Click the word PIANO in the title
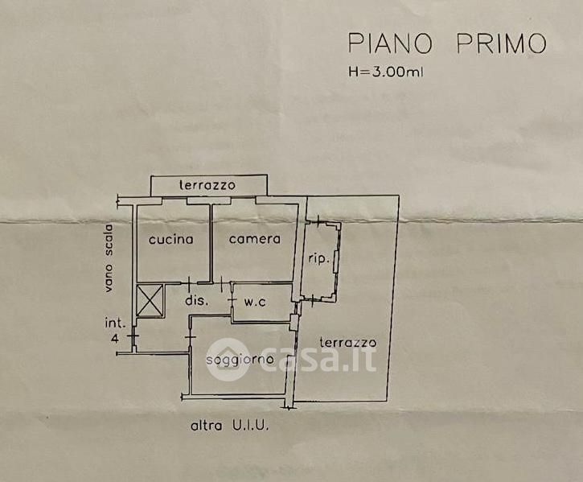pos(390,43)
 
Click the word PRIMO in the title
pos(501,43)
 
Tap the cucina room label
pos(171,239)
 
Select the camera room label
pos(254,238)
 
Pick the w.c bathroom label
pos(256,303)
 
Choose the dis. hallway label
pos(197,301)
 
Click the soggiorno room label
pos(240,358)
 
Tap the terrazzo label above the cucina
pos(207,185)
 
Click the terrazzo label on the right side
pos(347,342)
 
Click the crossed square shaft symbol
pos(150,299)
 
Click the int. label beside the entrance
pos(114,323)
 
